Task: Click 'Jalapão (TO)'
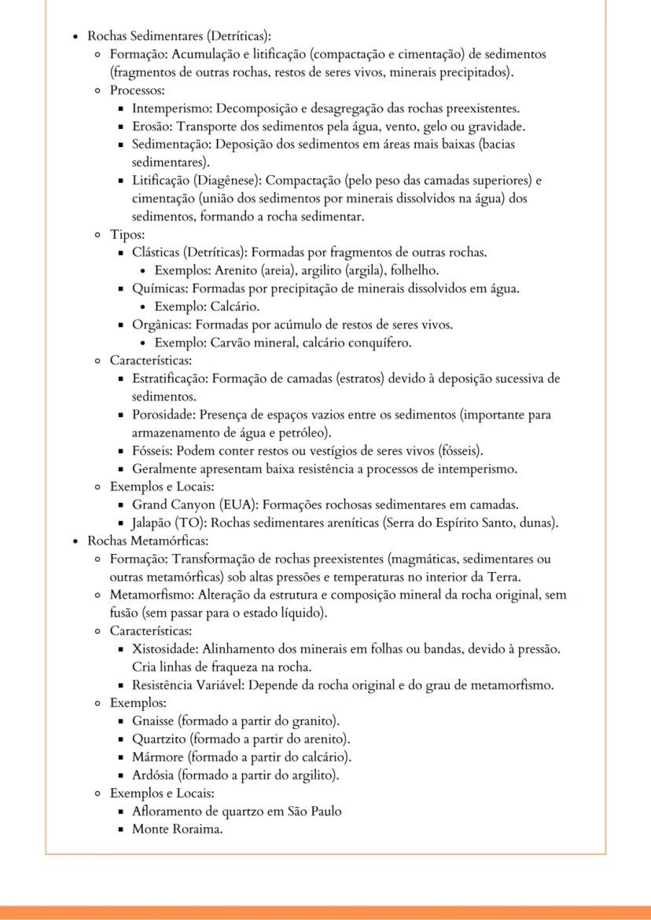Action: pyautogui.click(x=168, y=522)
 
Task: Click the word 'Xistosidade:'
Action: pyautogui.click(x=166, y=649)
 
